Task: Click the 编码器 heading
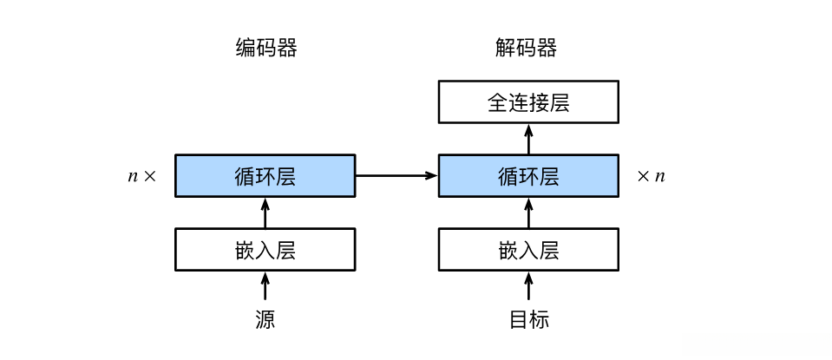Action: [x=265, y=49]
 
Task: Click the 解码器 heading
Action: [x=526, y=49]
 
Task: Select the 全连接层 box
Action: [x=528, y=102]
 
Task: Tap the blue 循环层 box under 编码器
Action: [x=265, y=176]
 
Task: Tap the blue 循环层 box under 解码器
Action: [x=528, y=176]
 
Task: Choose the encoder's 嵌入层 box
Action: [x=265, y=250]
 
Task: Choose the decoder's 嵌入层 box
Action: [x=528, y=250]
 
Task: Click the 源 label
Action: [x=265, y=319]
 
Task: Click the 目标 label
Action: [x=528, y=319]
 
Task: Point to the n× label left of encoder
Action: [x=142, y=176]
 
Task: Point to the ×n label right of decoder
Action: [x=651, y=176]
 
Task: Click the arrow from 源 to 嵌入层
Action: [x=265, y=287]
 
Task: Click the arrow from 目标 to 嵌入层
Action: [x=528, y=287]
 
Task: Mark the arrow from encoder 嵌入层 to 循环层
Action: [x=265, y=213]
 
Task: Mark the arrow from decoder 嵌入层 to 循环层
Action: [x=528, y=213]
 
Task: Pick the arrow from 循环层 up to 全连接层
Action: [x=528, y=139]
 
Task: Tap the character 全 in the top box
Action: [x=498, y=103]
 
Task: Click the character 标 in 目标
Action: [x=539, y=319]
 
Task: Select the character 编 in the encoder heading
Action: [x=246, y=49]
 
